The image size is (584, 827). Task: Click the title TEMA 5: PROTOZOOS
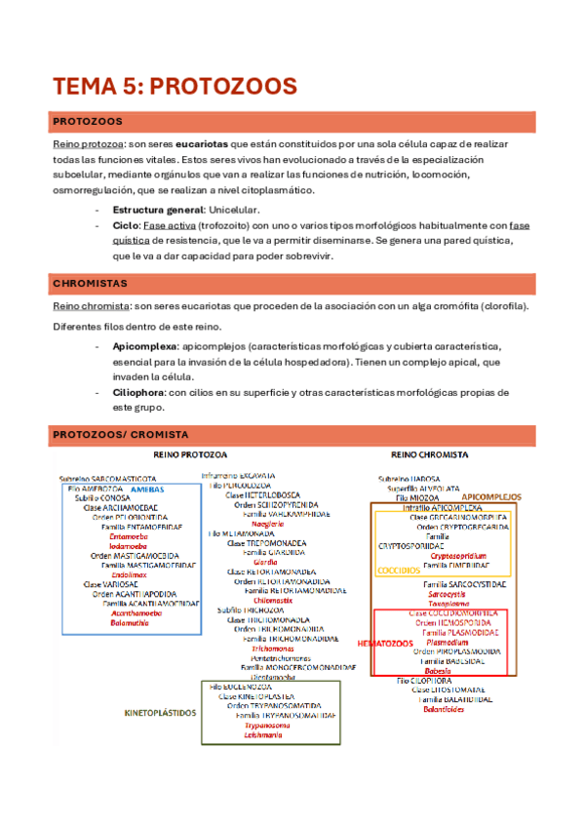pos(175,86)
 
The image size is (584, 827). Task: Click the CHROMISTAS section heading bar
pos(292,284)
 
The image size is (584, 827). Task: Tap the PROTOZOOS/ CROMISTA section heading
pos(292,434)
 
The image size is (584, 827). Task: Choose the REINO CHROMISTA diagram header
pos(429,454)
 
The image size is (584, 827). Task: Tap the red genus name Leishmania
pos(264,734)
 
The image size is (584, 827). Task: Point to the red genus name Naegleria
pos(268,524)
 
